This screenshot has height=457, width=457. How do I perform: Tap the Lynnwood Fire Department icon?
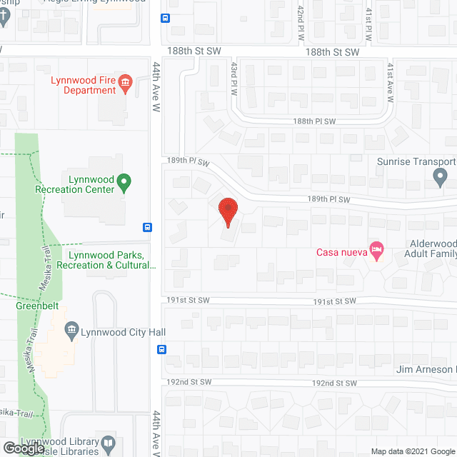(126, 85)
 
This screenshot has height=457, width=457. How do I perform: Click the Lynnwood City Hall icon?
(71, 330)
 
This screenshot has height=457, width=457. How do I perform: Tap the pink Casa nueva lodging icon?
(376, 251)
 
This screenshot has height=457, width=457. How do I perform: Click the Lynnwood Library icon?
(107, 445)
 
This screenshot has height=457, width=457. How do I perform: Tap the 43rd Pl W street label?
(233, 78)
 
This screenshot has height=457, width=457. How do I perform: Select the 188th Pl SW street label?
(313, 121)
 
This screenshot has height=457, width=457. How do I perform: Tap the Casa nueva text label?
(340, 251)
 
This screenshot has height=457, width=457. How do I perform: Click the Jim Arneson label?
(426, 370)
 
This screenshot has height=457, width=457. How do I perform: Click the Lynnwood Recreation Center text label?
(75, 184)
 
